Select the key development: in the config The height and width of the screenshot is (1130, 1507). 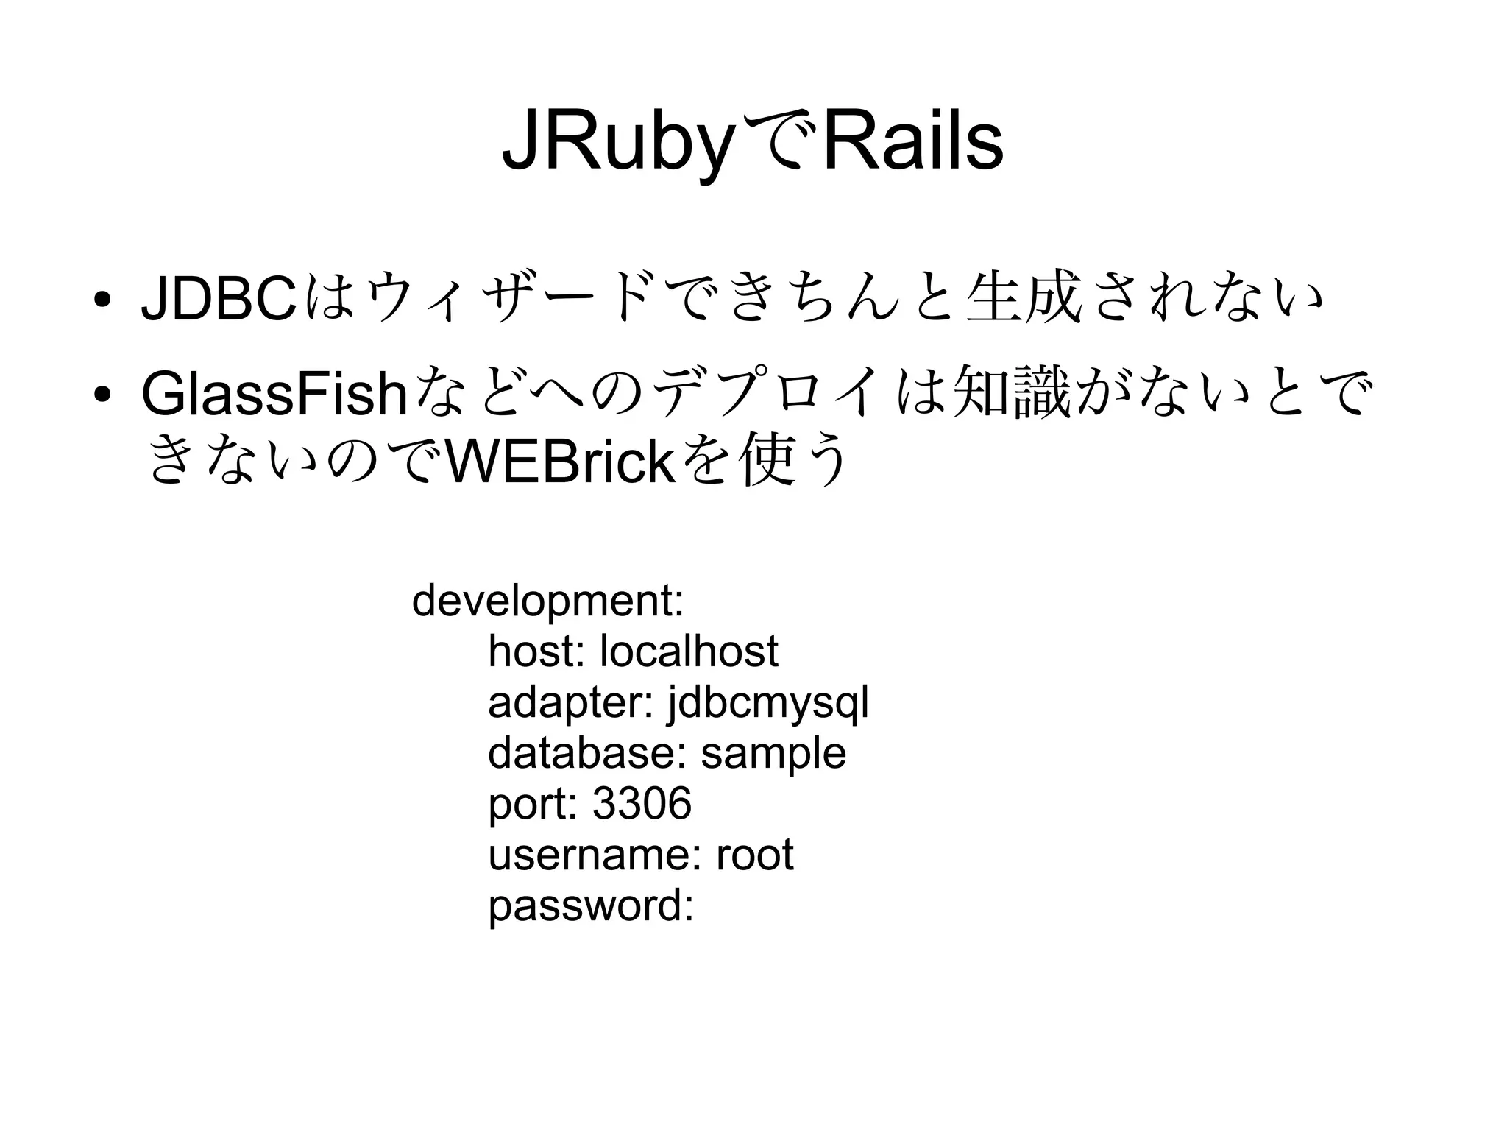click(x=548, y=601)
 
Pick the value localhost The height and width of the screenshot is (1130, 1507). click(x=689, y=651)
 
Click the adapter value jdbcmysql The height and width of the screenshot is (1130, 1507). click(x=767, y=703)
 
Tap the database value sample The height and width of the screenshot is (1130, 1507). click(x=773, y=753)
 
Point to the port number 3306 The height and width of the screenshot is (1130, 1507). click(x=642, y=803)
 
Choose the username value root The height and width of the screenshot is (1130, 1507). click(x=754, y=855)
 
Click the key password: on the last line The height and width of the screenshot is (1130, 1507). click(x=591, y=905)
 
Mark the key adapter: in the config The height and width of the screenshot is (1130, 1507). click(x=570, y=703)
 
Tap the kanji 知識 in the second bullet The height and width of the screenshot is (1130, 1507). click(x=1012, y=394)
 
